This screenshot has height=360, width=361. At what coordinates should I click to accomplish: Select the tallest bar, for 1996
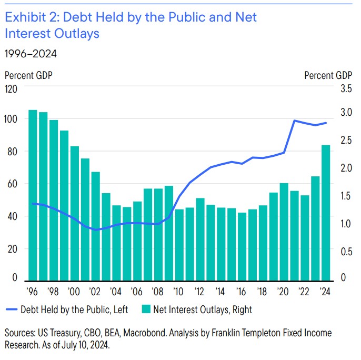click(x=33, y=194)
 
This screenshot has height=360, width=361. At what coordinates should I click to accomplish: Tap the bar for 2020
click(x=284, y=231)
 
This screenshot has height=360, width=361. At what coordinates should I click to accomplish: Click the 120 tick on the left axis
click(x=12, y=89)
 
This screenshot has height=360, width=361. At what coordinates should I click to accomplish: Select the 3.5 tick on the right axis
click(x=345, y=89)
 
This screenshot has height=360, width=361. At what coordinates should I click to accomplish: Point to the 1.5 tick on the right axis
click(x=345, y=196)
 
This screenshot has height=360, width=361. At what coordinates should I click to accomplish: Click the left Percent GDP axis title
click(x=29, y=75)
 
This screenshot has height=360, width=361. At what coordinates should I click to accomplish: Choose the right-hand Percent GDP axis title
click(x=328, y=75)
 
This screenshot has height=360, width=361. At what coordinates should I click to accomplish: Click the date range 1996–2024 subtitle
click(x=31, y=53)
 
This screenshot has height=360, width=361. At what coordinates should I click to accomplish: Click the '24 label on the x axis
click(x=326, y=291)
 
